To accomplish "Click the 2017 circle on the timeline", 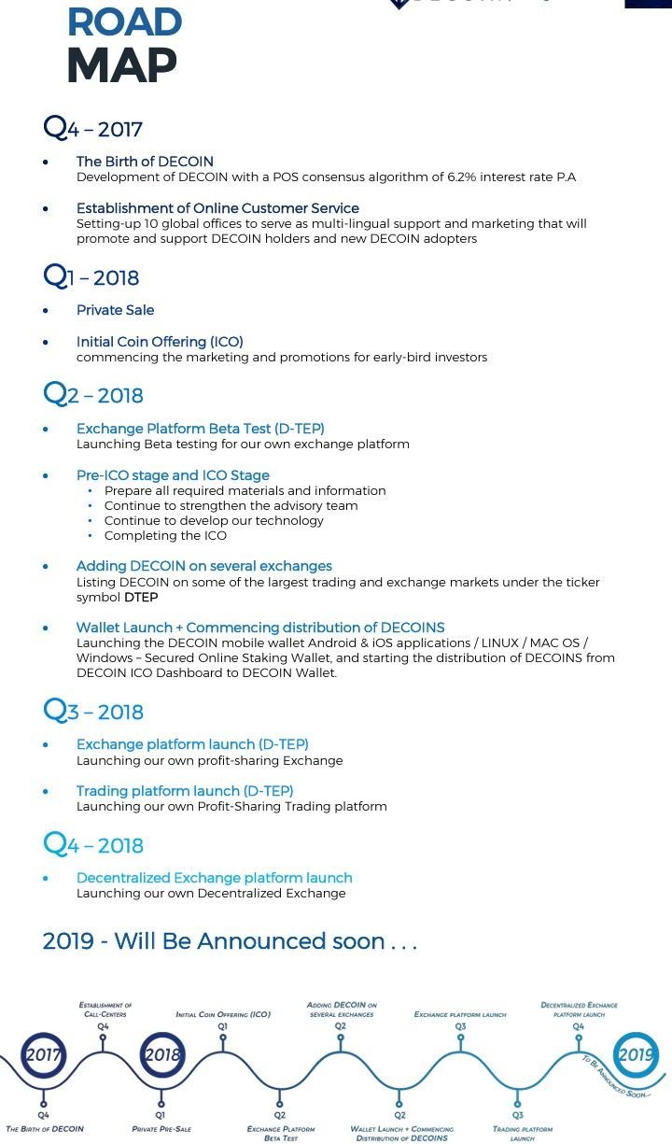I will pos(43,1054).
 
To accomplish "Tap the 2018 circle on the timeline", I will pos(161,1054).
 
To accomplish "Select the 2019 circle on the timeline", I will pos(636,1055).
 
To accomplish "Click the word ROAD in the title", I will pos(124,21).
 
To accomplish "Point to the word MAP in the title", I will pos(121,64).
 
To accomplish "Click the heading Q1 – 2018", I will pos(91,277).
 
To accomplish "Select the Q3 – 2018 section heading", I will pos(93,712).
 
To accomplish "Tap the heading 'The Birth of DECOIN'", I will pos(145,162).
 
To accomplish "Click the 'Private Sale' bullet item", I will pos(115,310).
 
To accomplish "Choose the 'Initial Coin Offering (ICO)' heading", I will pos(160,342).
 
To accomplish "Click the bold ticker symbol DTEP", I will pos(141,597).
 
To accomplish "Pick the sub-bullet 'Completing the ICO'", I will pos(165,535).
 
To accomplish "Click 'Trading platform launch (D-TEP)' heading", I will pos(185,791).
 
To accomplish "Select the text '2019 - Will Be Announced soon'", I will pos(229,940).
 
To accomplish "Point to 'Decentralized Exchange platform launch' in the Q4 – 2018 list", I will pos(214,878).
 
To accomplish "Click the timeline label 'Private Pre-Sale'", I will pos(161,1129).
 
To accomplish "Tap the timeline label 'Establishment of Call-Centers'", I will pos(105,1010).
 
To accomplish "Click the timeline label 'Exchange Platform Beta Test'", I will pos(281,1134).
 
